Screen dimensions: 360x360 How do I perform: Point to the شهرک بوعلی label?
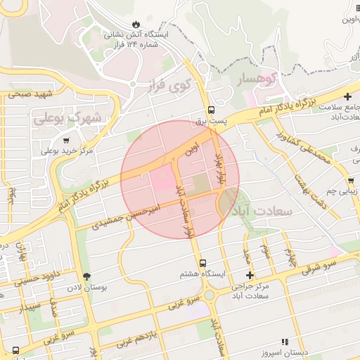tap(67, 117)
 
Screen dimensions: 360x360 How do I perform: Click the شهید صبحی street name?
tap(31, 94)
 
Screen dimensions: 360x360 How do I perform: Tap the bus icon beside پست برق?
tap(211, 110)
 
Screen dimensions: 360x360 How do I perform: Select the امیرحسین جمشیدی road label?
tap(127, 216)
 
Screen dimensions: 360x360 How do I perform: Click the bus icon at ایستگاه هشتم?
tap(202, 262)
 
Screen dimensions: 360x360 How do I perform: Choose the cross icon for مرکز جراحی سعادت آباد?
tap(249, 275)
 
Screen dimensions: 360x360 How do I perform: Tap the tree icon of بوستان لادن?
tap(87, 277)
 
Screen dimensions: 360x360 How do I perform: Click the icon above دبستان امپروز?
tap(284, 342)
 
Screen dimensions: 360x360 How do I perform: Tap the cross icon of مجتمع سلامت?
tap(347, 96)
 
